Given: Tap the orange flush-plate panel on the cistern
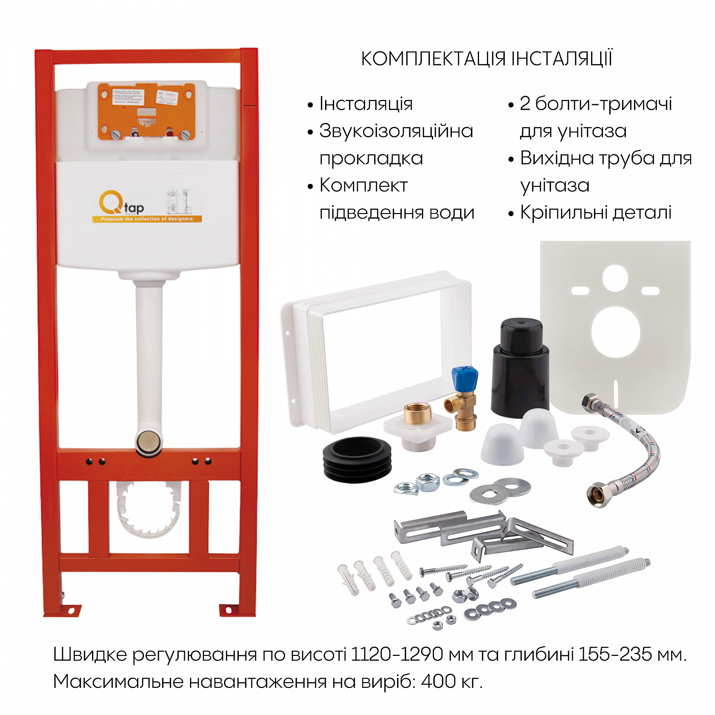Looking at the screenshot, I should coord(146,112).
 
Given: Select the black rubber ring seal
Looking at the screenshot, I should coord(357,459).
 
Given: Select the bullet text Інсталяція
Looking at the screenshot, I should coord(366,104).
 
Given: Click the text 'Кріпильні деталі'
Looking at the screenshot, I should coord(595,213).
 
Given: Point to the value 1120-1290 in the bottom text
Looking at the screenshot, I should coord(397,654).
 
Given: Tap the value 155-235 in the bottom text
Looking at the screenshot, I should coord(615,654).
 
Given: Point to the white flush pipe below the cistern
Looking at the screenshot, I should coord(148,353).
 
